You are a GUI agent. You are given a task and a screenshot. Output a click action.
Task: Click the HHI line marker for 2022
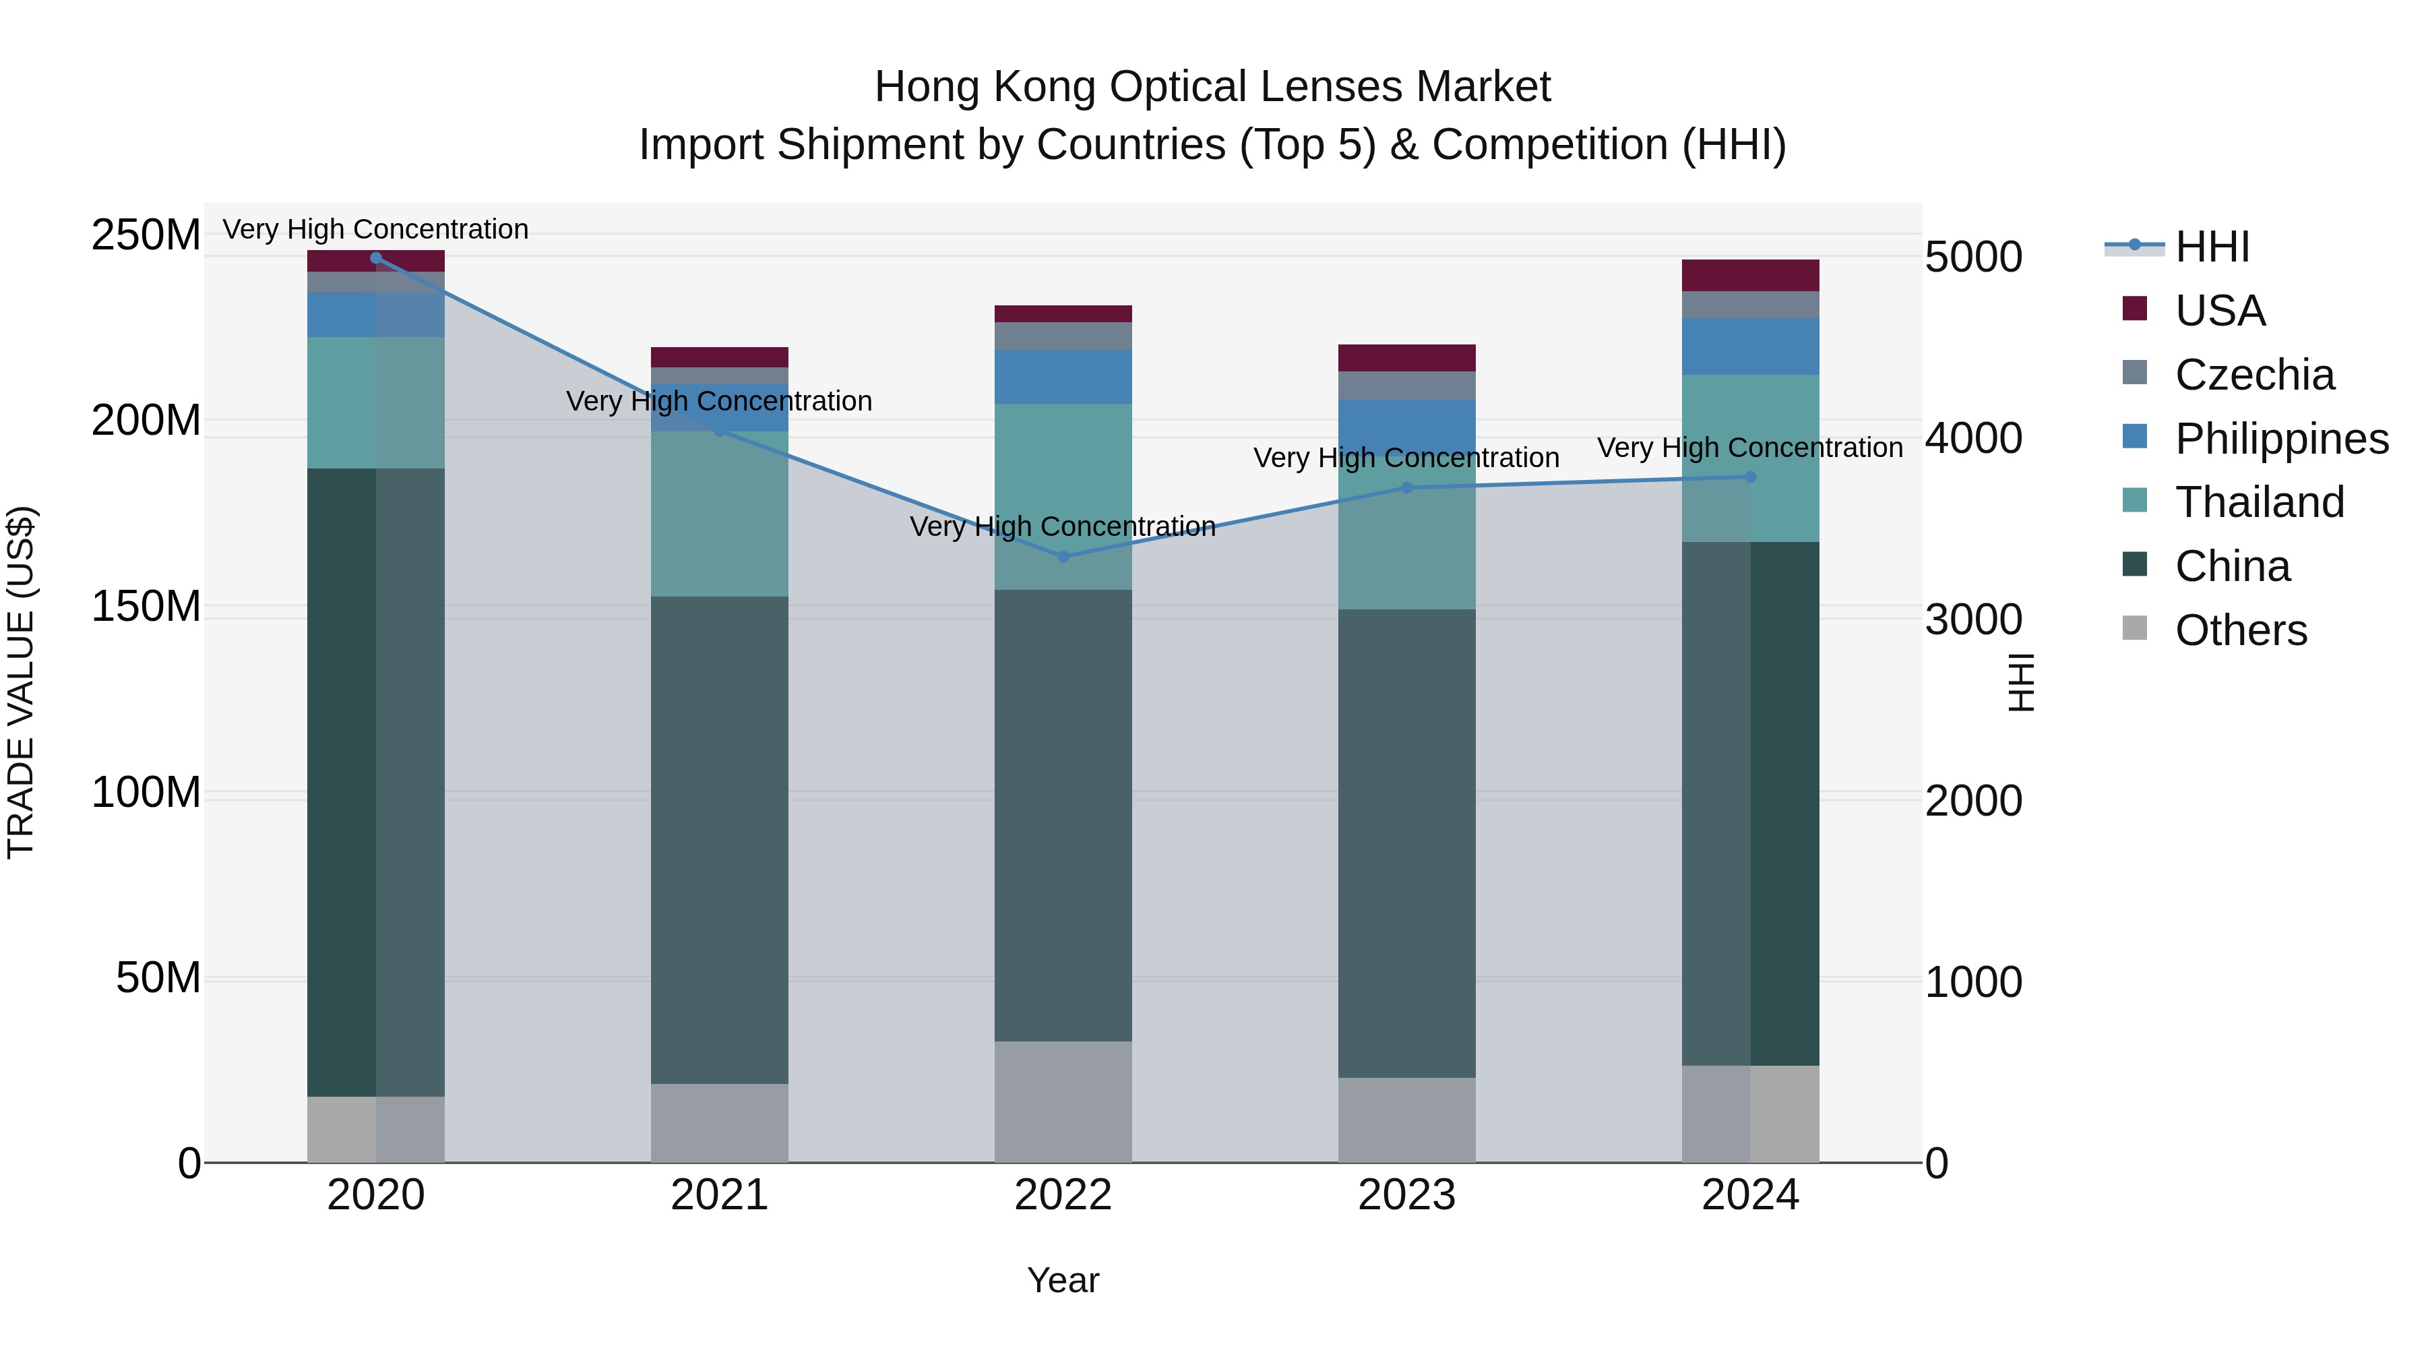[x=1063, y=557]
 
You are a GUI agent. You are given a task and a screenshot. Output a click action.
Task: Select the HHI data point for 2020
[x=376, y=257]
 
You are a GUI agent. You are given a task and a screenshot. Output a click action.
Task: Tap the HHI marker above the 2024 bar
[x=1751, y=477]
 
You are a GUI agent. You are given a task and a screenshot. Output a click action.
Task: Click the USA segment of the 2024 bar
[x=1751, y=275]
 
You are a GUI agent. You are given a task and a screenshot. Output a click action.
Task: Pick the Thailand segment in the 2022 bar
[x=1063, y=496]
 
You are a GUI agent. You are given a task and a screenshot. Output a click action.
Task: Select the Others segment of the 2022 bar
[x=1063, y=1101]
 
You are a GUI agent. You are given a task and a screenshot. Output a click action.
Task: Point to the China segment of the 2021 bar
[x=720, y=839]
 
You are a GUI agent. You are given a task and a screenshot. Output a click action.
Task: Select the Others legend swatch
[x=2135, y=628]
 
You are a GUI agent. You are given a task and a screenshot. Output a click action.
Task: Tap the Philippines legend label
[x=2282, y=439]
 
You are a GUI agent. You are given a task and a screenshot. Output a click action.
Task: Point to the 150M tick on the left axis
[x=146, y=606]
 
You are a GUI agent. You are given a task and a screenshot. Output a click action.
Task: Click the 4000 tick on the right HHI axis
[x=1973, y=438]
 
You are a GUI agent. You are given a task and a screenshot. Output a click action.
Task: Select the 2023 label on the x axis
[x=1407, y=1195]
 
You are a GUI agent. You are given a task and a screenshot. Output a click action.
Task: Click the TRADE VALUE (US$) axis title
[x=22, y=682]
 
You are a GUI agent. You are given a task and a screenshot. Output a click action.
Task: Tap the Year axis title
[x=1063, y=1280]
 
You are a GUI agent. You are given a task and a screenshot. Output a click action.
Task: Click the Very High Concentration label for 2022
[x=1063, y=526]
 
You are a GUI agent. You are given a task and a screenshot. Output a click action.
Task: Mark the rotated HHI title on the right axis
[x=2021, y=682]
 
